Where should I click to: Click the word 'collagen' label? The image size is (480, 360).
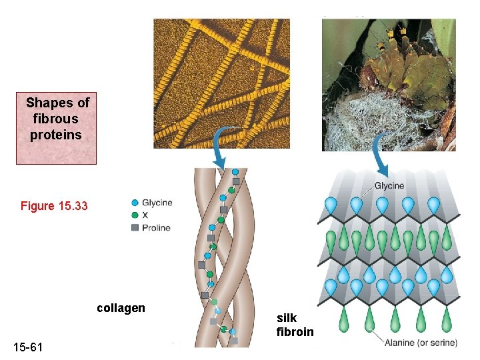tap(121, 308)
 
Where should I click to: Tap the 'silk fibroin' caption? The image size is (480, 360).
tap(295, 325)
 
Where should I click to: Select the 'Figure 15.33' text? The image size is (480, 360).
tap(54, 206)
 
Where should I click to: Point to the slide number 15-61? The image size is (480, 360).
tap(28, 347)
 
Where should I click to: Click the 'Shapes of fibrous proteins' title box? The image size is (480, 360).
tap(57, 128)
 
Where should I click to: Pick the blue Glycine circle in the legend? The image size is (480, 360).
tap(135, 203)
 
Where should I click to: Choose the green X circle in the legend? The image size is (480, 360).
tap(135, 215)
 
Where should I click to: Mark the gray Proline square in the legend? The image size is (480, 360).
tap(135, 227)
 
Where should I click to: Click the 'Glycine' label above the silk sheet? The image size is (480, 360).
tap(389, 185)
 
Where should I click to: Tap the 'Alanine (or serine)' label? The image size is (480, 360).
tap(421, 343)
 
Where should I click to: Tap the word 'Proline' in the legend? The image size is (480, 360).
tap(156, 227)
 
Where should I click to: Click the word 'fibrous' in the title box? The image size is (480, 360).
tap(55, 119)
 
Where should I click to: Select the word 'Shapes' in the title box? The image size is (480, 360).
tap(49, 103)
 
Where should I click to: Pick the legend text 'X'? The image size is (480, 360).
tap(145, 215)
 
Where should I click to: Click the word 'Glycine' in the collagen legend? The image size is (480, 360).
tap(157, 203)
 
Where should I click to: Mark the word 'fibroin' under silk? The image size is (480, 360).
tap(295, 331)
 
